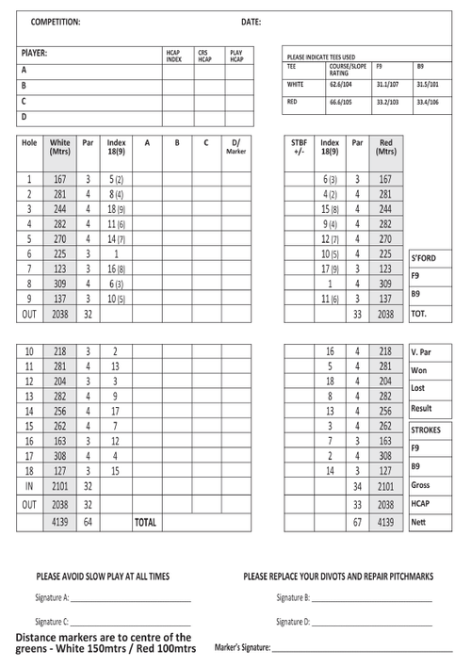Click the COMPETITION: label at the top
tap(56, 21)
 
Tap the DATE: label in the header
tap(251, 21)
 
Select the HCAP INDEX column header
tap(173, 57)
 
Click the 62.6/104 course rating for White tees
tap(341, 84)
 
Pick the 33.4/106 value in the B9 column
tap(428, 101)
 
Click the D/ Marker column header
tap(236, 147)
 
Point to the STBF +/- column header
tap(300, 147)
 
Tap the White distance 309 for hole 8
tap(60, 283)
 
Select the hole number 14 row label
tap(29, 411)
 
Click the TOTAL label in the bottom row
tap(145, 521)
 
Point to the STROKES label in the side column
tap(426, 430)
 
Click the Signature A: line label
tap(53, 597)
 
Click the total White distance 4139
tap(60, 521)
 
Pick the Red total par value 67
tap(357, 521)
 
